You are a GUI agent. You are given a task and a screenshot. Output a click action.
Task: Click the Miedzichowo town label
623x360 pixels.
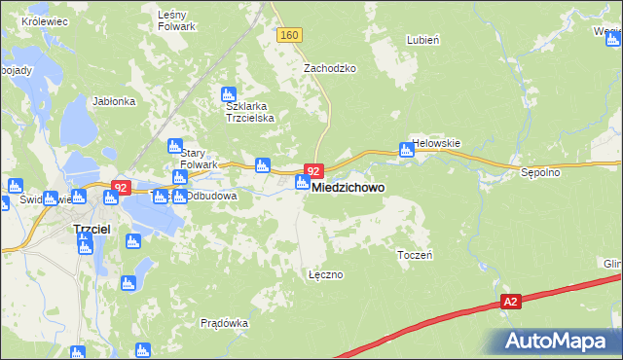pyautogui.click(x=348, y=187)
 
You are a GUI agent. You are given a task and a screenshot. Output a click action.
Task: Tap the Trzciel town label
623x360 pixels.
pyautogui.click(x=92, y=228)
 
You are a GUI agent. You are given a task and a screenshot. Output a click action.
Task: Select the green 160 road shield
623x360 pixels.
pyautogui.click(x=289, y=36)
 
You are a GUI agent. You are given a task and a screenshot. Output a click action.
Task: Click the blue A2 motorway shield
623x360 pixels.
pyautogui.click(x=511, y=303)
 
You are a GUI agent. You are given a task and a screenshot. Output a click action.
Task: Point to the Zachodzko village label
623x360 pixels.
pyautogui.click(x=330, y=69)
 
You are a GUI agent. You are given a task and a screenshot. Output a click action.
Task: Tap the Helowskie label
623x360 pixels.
pyautogui.click(x=435, y=143)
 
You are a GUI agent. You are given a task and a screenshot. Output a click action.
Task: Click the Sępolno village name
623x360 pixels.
pyautogui.click(x=537, y=173)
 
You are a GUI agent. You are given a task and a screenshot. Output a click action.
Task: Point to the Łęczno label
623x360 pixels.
pyautogui.click(x=325, y=274)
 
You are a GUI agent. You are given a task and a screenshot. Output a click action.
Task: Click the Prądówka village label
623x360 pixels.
pyautogui.click(x=224, y=323)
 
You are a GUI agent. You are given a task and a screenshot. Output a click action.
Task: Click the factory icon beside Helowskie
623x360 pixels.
pyautogui.click(x=405, y=150)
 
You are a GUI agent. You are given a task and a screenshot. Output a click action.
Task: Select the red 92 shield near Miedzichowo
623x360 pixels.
pyautogui.click(x=313, y=170)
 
